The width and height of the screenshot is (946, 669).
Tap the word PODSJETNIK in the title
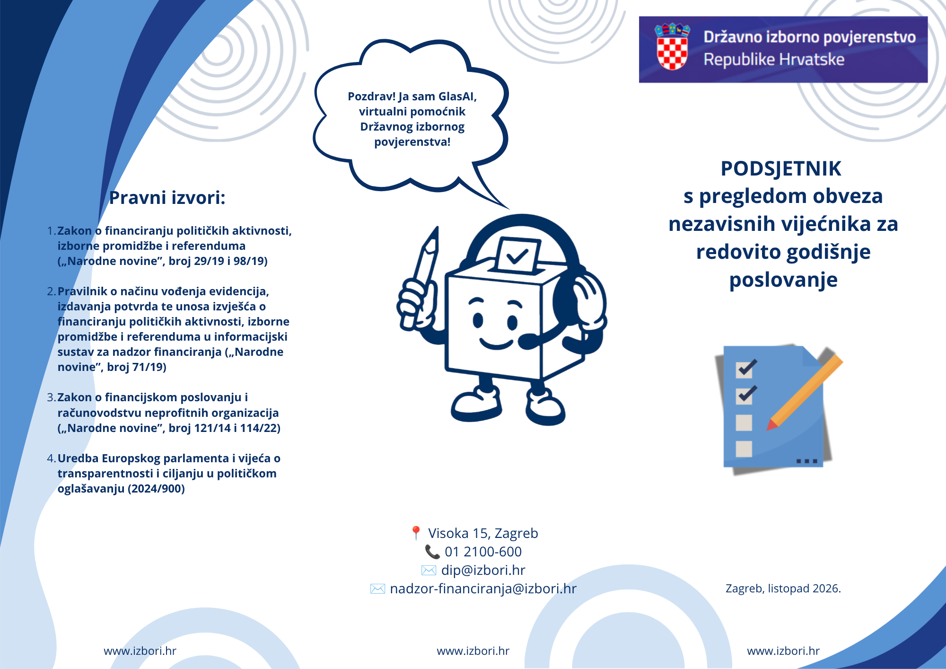781,169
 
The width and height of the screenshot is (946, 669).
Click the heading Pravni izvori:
167,198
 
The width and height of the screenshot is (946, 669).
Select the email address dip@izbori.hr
483,570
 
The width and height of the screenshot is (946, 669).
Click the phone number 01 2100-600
483,552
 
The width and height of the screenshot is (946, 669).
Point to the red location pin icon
416,533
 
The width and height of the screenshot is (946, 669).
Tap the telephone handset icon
432,552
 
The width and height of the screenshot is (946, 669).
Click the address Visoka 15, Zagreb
483,533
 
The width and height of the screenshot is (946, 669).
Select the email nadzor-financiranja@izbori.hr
483,589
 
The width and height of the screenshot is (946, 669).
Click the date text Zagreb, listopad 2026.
783,589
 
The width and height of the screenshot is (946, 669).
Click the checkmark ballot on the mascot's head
517,255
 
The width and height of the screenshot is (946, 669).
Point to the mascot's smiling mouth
496,343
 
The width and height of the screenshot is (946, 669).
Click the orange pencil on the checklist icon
805,392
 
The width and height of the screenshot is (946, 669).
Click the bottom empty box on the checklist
744,449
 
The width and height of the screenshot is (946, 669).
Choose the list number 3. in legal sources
52,397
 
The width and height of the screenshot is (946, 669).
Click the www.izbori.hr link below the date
783,651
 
